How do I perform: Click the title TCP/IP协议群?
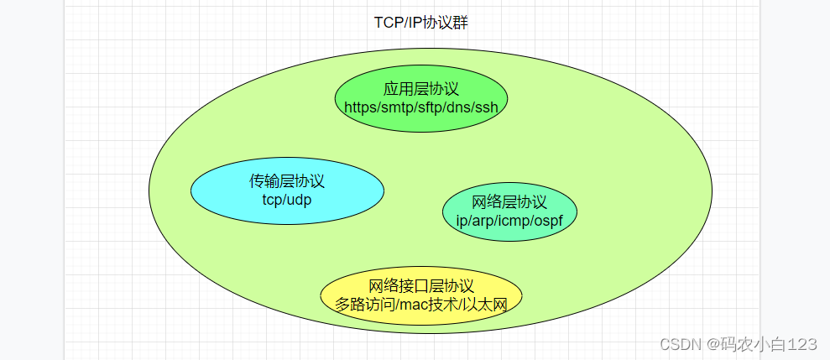tap(421, 23)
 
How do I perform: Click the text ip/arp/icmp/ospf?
tap(509, 220)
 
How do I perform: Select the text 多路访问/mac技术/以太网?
tap(421, 304)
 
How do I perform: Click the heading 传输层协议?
tap(287, 181)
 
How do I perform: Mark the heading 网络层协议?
tap(509, 202)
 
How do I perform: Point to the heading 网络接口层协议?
tap(421, 286)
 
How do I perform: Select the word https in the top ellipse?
tap(362, 107)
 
